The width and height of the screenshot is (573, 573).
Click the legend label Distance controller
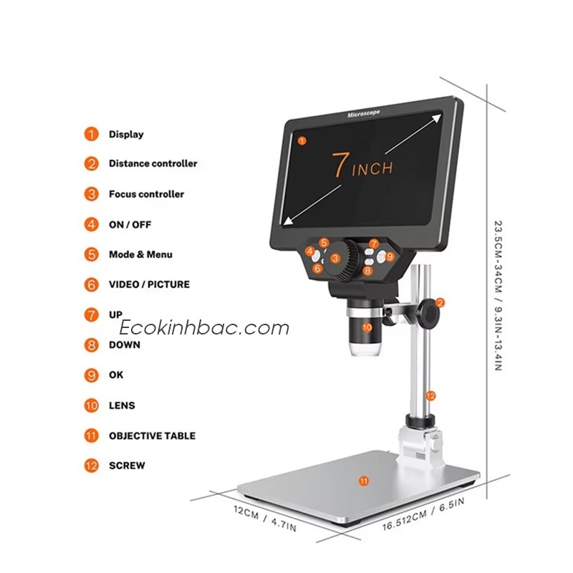(x=153, y=163)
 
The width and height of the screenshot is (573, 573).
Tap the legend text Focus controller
(x=146, y=194)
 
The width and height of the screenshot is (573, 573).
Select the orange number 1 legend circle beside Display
(x=91, y=134)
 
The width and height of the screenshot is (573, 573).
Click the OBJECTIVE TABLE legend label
(x=152, y=435)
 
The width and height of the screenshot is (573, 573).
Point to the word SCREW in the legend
(x=127, y=466)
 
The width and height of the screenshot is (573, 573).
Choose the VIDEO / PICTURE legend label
(x=149, y=284)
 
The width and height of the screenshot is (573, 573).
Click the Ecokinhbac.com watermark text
(x=204, y=328)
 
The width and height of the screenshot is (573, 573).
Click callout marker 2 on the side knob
(x=440, y=302)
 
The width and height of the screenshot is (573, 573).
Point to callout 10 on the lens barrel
(x=367, y=327)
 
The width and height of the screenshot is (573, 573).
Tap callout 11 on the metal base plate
(x=364, y=481)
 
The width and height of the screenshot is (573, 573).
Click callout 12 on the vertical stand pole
(x=430, y=395)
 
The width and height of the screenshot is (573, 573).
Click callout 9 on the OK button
(x=390, y=256)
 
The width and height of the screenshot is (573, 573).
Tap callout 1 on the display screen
(x=302, y=140)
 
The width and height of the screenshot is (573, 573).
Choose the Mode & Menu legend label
(x=140, y=254)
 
